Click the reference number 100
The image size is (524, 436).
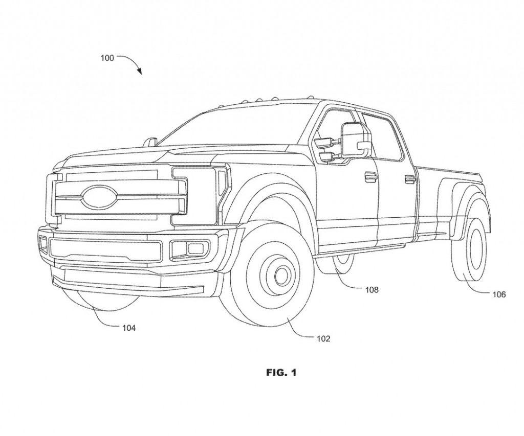tap(107, 58)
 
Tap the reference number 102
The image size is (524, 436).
tap(323, 338)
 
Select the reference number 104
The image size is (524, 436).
tap(129, 328)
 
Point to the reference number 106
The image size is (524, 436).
tap(499, 294)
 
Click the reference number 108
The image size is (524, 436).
tap(372, 290)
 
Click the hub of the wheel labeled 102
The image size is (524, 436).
tap(281, 276)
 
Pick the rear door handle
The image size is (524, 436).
tap(410, 178)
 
